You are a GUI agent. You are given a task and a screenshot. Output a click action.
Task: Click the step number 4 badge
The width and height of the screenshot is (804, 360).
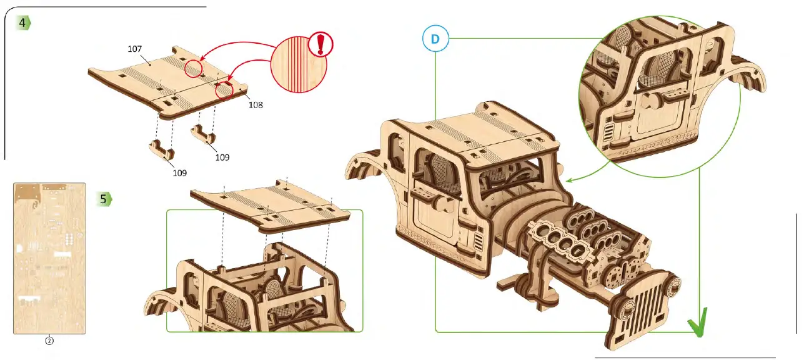pyautogui.click(x=23, y=22)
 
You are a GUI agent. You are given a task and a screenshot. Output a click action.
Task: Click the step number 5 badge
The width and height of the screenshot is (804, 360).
pyautogui.click(x=104, y=199)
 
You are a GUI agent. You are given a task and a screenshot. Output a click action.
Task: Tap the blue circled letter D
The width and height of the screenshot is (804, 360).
pyautogui.click(x=435, y=39)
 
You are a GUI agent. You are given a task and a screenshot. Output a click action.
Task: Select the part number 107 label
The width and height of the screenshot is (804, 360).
pyautogui.click(x=134, y=49)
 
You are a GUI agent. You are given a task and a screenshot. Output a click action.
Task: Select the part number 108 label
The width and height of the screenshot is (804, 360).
pyautogui.click(x=255, y=105)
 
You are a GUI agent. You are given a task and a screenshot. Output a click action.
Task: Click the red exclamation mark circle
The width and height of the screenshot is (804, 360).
pyautogui.click(x=321, y=44)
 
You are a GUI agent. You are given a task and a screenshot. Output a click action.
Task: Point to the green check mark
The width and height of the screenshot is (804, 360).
pyautogui.click(x=699, y=324)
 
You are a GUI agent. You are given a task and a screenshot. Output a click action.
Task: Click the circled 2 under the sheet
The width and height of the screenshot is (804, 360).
pyautogui.click(x=49, y=341)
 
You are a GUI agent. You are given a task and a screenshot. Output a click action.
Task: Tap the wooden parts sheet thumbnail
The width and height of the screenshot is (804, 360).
pyautogui.click(x=49, y=258)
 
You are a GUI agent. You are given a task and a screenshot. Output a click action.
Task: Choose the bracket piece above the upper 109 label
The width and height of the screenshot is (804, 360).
pyautogui.click(x=205, y=133)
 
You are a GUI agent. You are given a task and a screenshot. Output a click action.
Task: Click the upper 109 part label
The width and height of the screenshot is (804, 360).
pyautogui.click(x=222, y=157)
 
